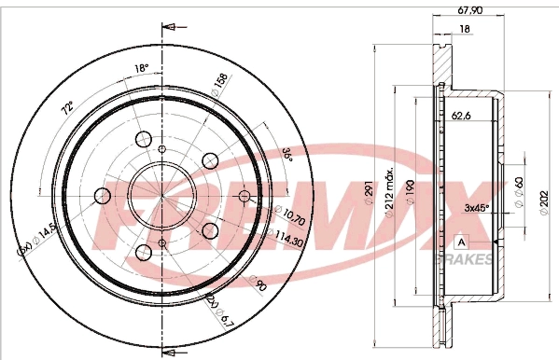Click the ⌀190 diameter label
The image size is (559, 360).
[412, 193]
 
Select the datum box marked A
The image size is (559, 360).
[461, 242]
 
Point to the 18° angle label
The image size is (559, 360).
[141, 68]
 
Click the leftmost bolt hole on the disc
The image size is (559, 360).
[101, 196]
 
